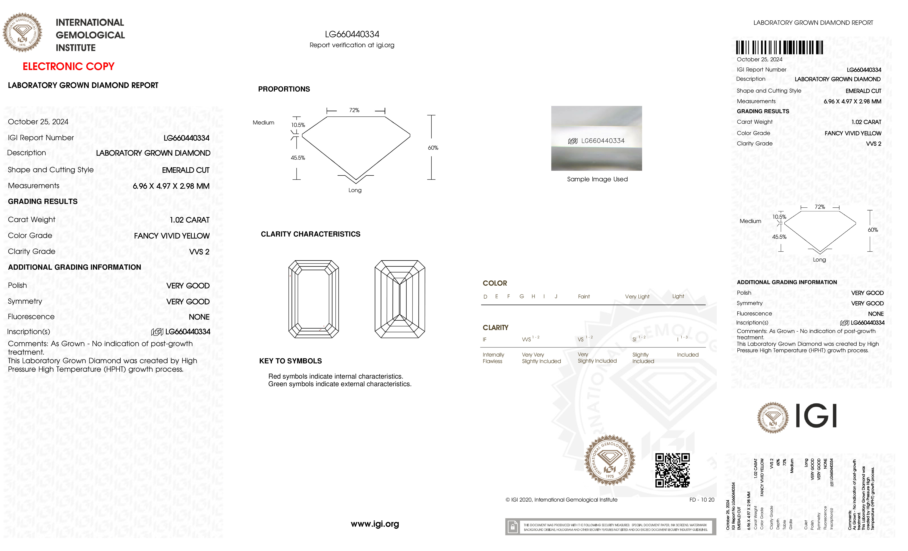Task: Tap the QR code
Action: pos(672,470)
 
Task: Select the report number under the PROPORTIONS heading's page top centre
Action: pos(352,34)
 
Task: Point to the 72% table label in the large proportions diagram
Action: pos(354,110)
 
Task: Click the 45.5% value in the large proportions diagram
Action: pos(298,158)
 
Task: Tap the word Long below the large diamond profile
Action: pos(355,190)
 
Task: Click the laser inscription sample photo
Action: pos(596,139)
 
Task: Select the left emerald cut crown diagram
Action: pos(314,299)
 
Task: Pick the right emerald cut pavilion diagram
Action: pos(400,299)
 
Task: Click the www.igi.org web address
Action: pos(375,524)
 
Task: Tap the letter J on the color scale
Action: pos(556,297)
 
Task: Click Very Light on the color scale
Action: pos(637,297)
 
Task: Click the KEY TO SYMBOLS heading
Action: pos(290,361)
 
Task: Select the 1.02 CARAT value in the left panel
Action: pos(189,220)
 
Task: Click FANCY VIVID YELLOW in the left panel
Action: pos(172,236)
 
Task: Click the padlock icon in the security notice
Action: pos(512,527)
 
